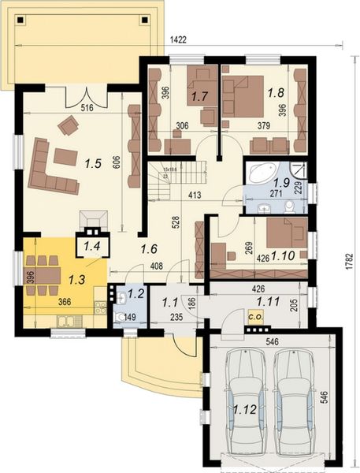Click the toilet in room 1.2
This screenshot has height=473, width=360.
(119, 316)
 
